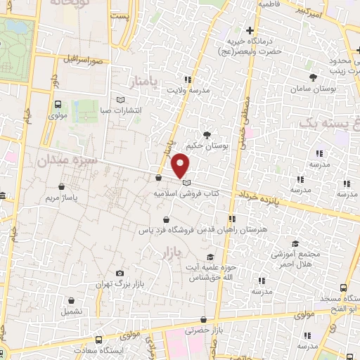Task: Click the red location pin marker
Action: [x=181, y=165]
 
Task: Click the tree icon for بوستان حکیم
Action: [x=207, y=134]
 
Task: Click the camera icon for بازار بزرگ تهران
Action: [x=120, y=274]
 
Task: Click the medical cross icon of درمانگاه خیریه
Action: [x=250, y=30]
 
